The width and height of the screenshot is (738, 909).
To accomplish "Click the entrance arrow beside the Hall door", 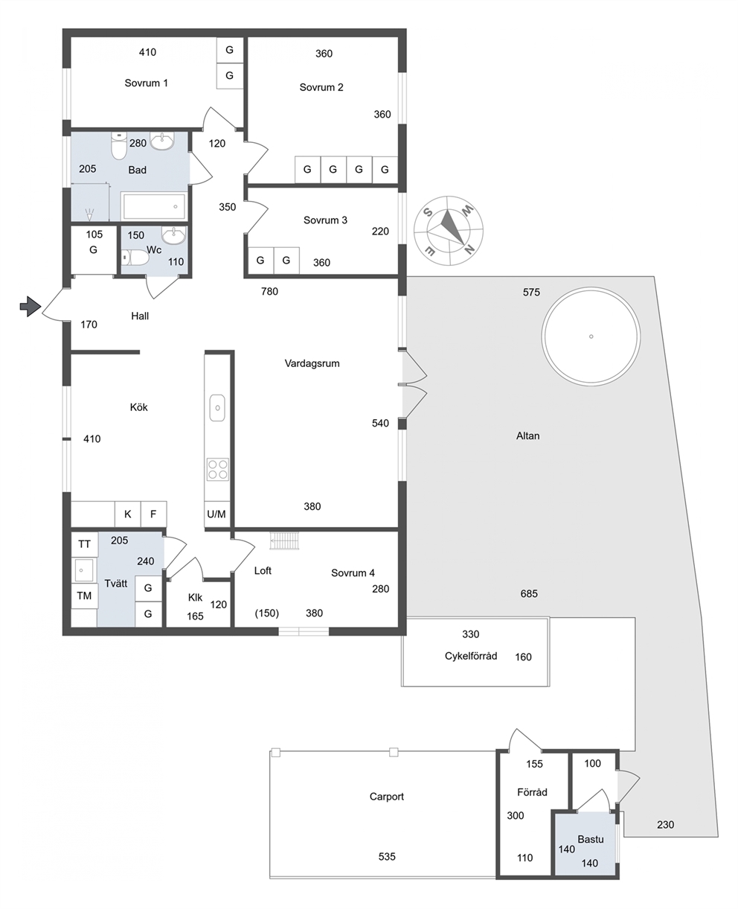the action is pos(31,307).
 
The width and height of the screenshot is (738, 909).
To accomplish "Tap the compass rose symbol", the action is pos(449,231).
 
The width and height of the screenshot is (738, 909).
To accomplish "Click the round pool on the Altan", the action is pos(591,337).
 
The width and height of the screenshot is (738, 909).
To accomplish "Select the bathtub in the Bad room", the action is pos(154,206).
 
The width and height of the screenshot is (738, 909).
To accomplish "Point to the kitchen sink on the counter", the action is pos(217,407).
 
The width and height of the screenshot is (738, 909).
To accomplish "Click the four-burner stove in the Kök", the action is pos(217,470).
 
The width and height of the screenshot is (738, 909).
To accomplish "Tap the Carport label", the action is pos(387,797).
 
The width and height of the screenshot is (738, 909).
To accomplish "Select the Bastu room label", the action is pos(591,840).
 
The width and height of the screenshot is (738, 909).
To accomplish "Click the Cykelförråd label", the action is pos(471,656).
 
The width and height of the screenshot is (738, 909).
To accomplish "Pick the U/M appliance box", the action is pos(216,514).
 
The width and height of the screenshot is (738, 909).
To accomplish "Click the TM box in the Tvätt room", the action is pos(84,596).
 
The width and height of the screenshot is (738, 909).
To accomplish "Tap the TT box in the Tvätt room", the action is pos(84,544).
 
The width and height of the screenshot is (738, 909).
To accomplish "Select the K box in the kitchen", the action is pos(128,514).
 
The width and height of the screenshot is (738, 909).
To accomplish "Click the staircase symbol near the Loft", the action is pos(285,540).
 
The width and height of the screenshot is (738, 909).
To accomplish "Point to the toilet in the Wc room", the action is pos(135,258).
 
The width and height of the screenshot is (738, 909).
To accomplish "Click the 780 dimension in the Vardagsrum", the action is pos(269,292).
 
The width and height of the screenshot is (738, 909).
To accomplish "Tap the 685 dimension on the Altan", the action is pos(529,593).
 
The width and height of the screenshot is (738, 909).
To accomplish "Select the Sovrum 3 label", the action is pos(325,220).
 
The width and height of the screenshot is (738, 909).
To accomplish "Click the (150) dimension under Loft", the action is pos(267,613).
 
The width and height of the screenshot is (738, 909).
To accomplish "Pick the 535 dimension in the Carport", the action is pos(387,856).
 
